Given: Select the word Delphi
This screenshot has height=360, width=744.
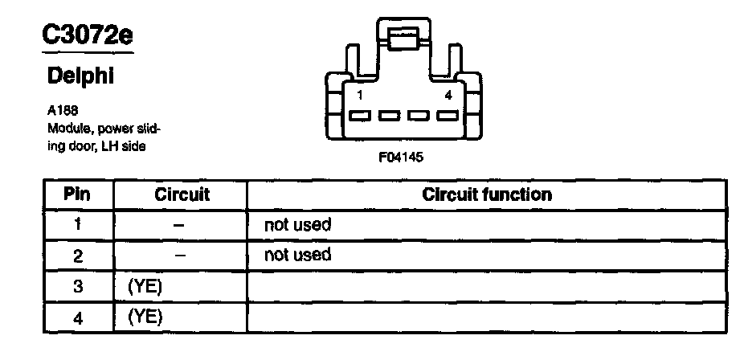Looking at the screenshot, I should click(80, 76).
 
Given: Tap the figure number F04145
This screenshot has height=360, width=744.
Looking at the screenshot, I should click(401, 157).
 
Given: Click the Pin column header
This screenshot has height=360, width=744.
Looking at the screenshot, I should click(77, 194).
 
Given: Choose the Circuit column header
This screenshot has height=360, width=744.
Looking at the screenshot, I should click(181, 194).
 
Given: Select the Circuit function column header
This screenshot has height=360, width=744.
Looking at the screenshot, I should click(487, 194).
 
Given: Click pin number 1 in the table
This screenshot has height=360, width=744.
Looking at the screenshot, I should click(77, 225).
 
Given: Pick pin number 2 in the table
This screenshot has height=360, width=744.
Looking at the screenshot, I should click(77, 256).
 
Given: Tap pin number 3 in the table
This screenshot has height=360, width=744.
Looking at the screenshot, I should click(77, 286).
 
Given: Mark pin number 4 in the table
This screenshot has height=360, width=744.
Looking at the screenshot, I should click(77, 317).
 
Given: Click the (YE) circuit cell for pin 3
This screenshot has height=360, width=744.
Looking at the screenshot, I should click(145, 286).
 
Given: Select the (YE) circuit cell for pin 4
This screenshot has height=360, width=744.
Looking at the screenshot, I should click(145, 317).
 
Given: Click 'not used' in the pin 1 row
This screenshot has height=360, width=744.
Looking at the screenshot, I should click(297, 225).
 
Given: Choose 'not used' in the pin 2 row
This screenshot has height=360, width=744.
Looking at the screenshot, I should click(297, 256).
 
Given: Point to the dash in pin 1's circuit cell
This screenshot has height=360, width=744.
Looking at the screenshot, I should click(181, 226).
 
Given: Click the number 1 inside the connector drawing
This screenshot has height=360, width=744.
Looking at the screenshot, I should click(360, 96).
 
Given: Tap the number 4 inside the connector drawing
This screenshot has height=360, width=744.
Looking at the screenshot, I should click(448, 96).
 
